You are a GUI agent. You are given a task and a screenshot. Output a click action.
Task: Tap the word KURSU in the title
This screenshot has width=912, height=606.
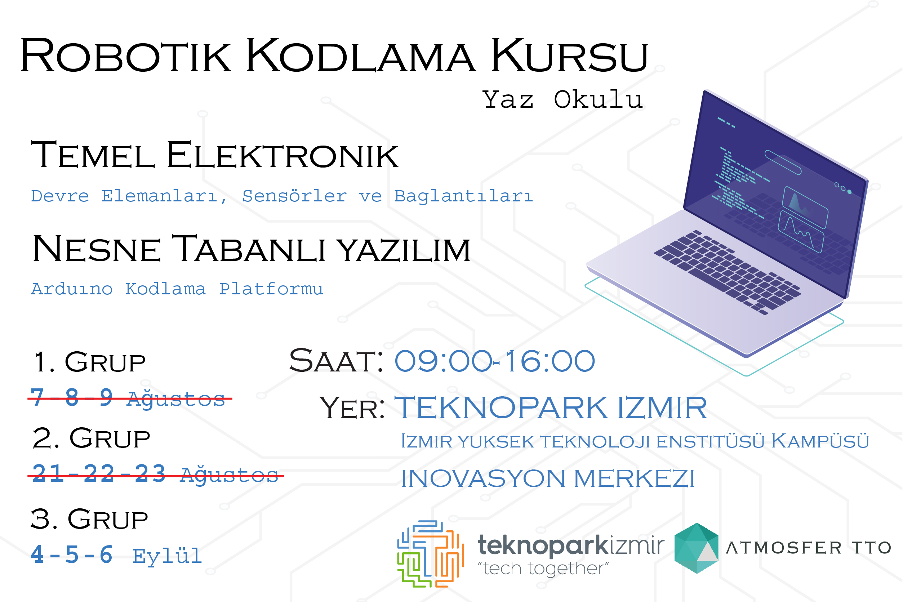pos(569,55)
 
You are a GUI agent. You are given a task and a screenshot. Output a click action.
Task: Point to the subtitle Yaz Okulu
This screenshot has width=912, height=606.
pos(562,99)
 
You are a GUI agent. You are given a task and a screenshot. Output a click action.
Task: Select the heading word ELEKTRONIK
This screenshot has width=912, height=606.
pos(282,155)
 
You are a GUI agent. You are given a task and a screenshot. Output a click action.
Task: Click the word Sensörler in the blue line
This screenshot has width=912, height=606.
pos(294,196)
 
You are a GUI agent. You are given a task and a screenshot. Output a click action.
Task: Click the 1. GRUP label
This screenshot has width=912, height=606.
pos(90,362)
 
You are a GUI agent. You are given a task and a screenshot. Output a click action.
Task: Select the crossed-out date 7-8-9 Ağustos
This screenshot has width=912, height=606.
pos(129,398)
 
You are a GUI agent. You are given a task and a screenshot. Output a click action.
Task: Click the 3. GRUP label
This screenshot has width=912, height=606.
pos(89,519)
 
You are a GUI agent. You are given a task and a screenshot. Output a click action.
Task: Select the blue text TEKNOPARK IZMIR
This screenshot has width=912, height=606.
pos(550,408)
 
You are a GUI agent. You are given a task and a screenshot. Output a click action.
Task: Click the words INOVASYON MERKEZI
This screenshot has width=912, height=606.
pos(548,478)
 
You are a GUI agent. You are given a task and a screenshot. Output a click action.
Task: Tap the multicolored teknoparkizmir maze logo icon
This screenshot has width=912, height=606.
pos(430,554)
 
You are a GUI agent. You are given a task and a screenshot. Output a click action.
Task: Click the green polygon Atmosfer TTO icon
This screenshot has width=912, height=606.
pos(697,548)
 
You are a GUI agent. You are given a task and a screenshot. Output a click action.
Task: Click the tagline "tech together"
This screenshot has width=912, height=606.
pos(543,569)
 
